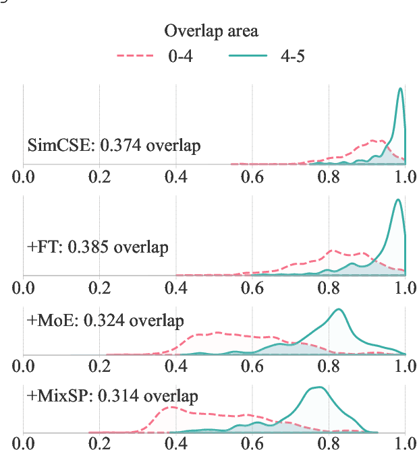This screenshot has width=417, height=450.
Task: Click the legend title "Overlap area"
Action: point(211,31)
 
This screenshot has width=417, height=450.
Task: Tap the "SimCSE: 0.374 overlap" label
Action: point(113,145)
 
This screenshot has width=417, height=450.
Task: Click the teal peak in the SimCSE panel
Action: point(401,89)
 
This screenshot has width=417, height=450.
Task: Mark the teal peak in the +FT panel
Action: point(399,200)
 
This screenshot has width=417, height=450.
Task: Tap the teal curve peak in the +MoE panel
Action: point(339,310)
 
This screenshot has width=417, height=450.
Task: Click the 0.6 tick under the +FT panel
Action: point(252,288)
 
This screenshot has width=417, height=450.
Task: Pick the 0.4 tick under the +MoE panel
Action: point(176,367)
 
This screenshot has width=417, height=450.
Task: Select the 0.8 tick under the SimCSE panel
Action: point(329,179)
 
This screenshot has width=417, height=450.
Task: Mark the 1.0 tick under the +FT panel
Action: point(404,288)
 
